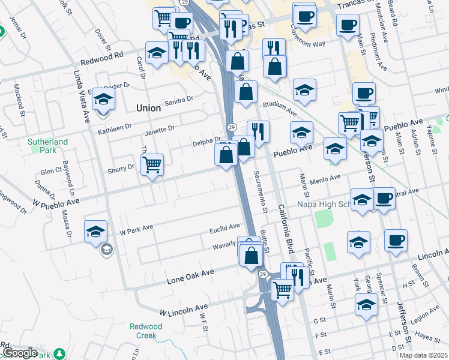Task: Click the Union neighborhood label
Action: pyautogui.click(x=148, y=108)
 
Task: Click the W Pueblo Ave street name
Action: pyautogui.click(x=56, y=202)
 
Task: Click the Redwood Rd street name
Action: pyautogui.click(x=101, y=58)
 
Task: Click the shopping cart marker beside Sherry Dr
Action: pyautogui.click(x=152, y=164)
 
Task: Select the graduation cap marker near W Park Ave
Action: pyautogui.click(x=95, y=232)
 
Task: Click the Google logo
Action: pyautogui.click(x=20, y=353)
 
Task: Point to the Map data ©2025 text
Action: pyautogui.click(x=423, y=355)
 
